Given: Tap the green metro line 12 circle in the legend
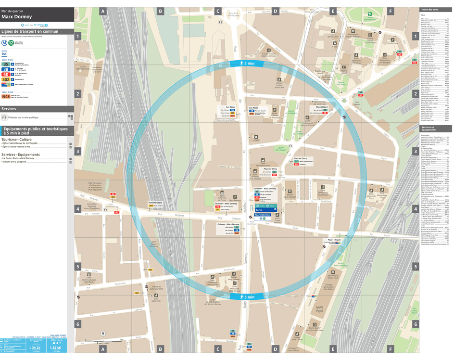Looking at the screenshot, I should (11, 43).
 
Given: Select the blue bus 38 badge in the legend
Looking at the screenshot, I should (5, 69).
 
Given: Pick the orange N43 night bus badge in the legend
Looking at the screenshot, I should (6, 96).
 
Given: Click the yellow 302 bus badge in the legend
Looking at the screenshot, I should (5, 79).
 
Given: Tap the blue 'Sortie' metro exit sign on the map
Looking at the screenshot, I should (260, 210).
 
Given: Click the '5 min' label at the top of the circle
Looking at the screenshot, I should (246, 64).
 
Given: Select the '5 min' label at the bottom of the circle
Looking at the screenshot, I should (246, 297).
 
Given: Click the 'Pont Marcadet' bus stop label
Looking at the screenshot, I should (155, 203).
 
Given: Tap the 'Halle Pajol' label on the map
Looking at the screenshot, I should (319, 309).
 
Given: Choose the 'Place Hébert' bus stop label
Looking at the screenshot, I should (315, 107).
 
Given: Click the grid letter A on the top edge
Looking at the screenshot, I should (102, 11).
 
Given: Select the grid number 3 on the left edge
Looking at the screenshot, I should (77, 151).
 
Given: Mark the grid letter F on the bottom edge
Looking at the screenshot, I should (390, 349).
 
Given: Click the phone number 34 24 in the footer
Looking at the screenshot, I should (35, 347).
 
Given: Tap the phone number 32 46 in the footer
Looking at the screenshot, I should (55, 347).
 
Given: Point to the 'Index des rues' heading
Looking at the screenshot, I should (430, 10).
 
